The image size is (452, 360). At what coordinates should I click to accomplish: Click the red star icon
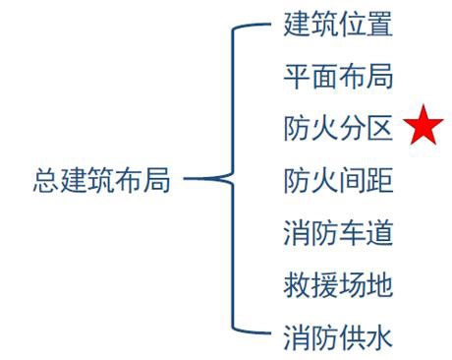424,128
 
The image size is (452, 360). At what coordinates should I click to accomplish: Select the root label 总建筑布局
102,181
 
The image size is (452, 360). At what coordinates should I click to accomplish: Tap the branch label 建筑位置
338,25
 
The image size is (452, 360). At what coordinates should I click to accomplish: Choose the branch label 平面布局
338,77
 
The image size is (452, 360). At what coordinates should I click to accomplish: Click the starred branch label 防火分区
338,129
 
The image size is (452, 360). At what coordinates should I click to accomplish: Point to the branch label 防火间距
338,181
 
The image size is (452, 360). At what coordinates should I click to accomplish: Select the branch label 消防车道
338,233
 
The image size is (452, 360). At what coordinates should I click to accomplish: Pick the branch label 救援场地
338,285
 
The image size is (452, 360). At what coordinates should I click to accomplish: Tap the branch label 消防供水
338,337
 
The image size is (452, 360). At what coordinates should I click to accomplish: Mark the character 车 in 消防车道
352,233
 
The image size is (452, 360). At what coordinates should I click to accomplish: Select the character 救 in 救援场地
297,285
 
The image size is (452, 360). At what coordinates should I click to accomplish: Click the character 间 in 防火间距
352,181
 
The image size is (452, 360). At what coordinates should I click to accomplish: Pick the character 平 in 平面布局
297,77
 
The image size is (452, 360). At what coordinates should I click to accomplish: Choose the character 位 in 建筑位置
352,25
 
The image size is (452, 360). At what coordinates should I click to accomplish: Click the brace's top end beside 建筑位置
267,27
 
